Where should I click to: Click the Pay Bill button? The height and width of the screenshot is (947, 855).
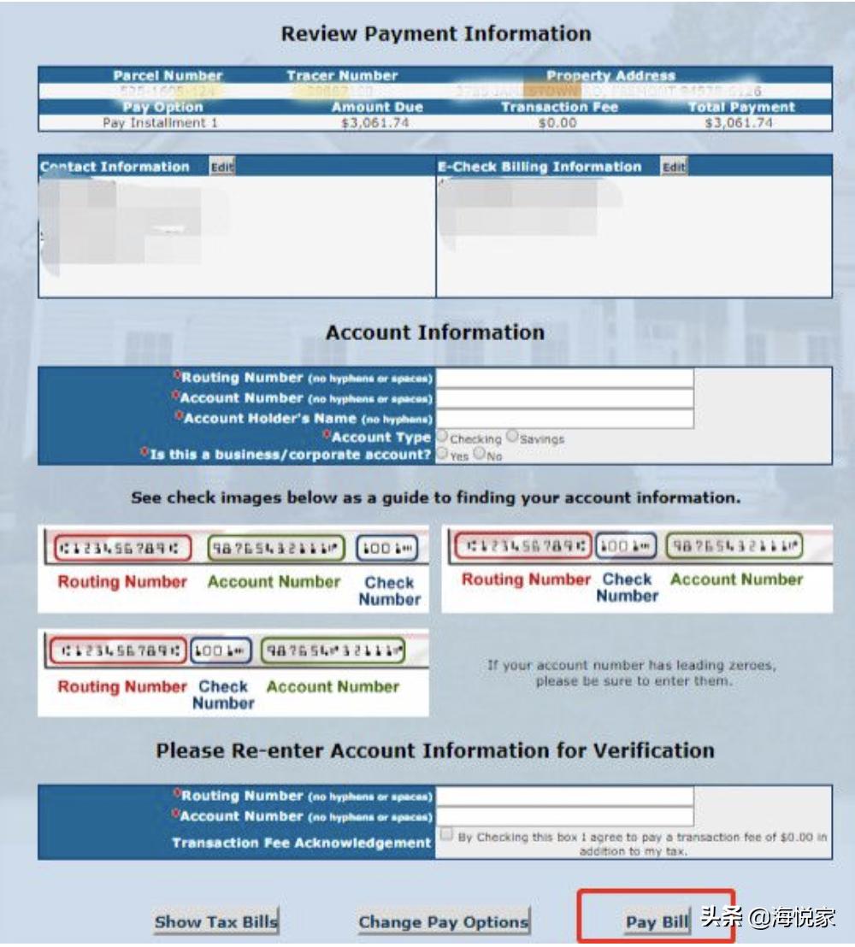pyautogui.click(x=656, y=921)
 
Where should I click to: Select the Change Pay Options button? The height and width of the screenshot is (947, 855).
pyautogui.click(x=443, y=921)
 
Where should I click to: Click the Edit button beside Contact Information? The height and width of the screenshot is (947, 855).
pyautogui.click(x=222, y=167)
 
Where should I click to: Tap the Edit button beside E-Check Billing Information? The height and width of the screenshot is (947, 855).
pyautogui.click(x=674, y=167)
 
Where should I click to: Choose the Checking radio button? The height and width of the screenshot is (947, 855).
pyautogui.click(x=443, y=437)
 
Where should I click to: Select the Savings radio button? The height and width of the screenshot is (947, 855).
pyautogui.click(x=512, y=437)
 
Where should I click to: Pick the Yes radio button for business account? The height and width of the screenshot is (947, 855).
pyautogui.click(x=443, y=455)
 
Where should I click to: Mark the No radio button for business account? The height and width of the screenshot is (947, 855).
pyautogui.click(x=479, y=455)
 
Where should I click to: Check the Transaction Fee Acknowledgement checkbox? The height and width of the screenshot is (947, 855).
pyautogui.click(x=446, y=833)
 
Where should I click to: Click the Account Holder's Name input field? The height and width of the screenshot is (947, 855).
pyautogui.click(x=564, y=418)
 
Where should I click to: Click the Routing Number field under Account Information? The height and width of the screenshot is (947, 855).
pyautogui.click(x=564, y=378)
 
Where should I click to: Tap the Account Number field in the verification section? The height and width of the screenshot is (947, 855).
pyautogui.click(x=564, y=816)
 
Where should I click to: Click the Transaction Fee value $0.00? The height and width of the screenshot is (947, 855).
pyautogui.click(x=557, y=123)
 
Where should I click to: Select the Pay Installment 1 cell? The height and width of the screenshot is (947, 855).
pyautogui.click(x=160, y=123)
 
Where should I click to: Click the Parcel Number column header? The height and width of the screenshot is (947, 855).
pyautogui.click(x=168, y=75)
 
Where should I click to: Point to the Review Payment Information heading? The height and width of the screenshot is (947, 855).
pyautogui.click(x=436, y=34)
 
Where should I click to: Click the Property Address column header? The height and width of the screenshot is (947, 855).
pyautogui.click(x=610, y=75)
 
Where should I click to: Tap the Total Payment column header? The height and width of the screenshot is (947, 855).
pyautogui.click(x=740, y=107)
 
